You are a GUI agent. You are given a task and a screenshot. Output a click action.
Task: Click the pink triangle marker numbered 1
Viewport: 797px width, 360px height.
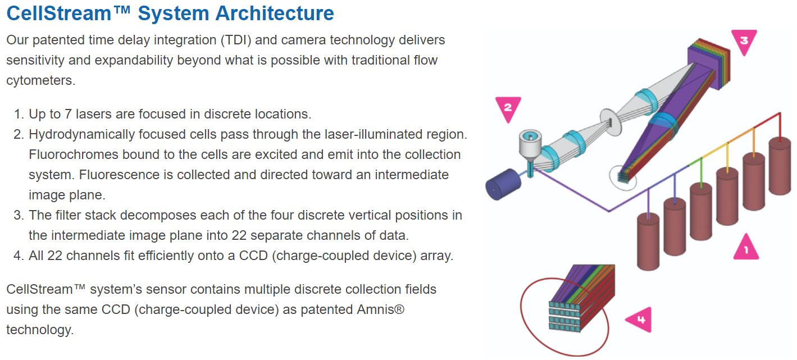point(745,248)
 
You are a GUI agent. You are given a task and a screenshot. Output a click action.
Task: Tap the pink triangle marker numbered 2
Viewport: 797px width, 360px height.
point(507,108)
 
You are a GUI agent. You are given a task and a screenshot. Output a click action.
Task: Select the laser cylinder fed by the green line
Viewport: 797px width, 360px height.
point(701,211)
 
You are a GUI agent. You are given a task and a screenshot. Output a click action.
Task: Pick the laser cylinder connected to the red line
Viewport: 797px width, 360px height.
point(780,166)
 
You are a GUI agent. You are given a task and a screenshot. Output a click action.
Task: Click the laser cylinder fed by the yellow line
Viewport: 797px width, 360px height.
point(727,197)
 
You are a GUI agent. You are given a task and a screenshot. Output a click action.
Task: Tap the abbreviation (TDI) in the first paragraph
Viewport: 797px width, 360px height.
point(247,40)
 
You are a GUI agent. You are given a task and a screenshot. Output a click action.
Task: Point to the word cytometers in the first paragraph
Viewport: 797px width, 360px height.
point(40,80)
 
